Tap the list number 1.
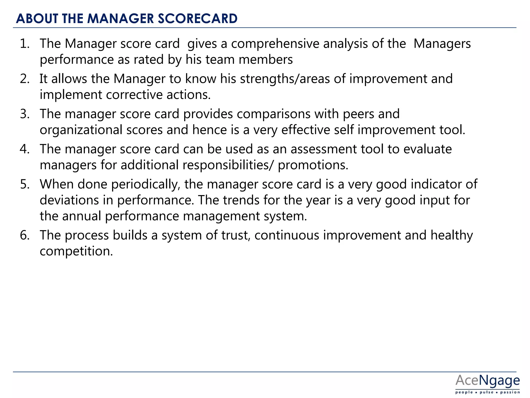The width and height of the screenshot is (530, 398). click(x=24, y=44)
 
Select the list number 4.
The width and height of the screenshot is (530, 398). click(x=24, y=149)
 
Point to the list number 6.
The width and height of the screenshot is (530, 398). click(x=24, y=235)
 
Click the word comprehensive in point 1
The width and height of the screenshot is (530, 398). click(x=275, y=44)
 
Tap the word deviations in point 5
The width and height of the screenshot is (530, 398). click(x=69, y=200)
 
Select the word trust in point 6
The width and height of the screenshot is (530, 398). click(x=236, y=235)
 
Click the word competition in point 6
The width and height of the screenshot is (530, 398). click(x=76, y=251)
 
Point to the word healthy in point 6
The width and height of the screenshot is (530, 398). click(x=452, y=235)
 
